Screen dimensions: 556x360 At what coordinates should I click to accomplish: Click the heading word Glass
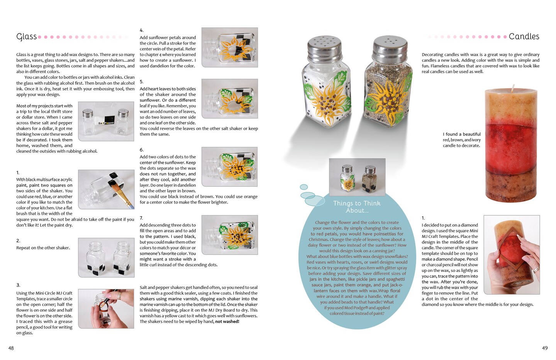(27, 37)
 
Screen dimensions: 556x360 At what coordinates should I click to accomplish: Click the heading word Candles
(524, 36)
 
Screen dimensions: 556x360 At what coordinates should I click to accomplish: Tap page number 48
(11, 348)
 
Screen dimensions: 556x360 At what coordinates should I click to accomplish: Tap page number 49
(544, 348)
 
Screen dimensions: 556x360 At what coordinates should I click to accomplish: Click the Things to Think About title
(357, 207)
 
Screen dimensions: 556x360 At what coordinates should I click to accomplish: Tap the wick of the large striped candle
(513, 87)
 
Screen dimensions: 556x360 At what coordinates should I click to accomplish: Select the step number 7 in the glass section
(141, 218)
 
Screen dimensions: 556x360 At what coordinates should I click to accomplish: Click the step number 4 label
(141, 30)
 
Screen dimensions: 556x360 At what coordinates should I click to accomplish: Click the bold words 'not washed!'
(227, 321)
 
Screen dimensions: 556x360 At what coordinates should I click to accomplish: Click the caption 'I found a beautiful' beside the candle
(462, 134)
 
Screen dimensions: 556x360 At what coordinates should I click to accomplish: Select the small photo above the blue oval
(357, 177)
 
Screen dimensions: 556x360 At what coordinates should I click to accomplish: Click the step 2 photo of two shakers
(106, 258)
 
